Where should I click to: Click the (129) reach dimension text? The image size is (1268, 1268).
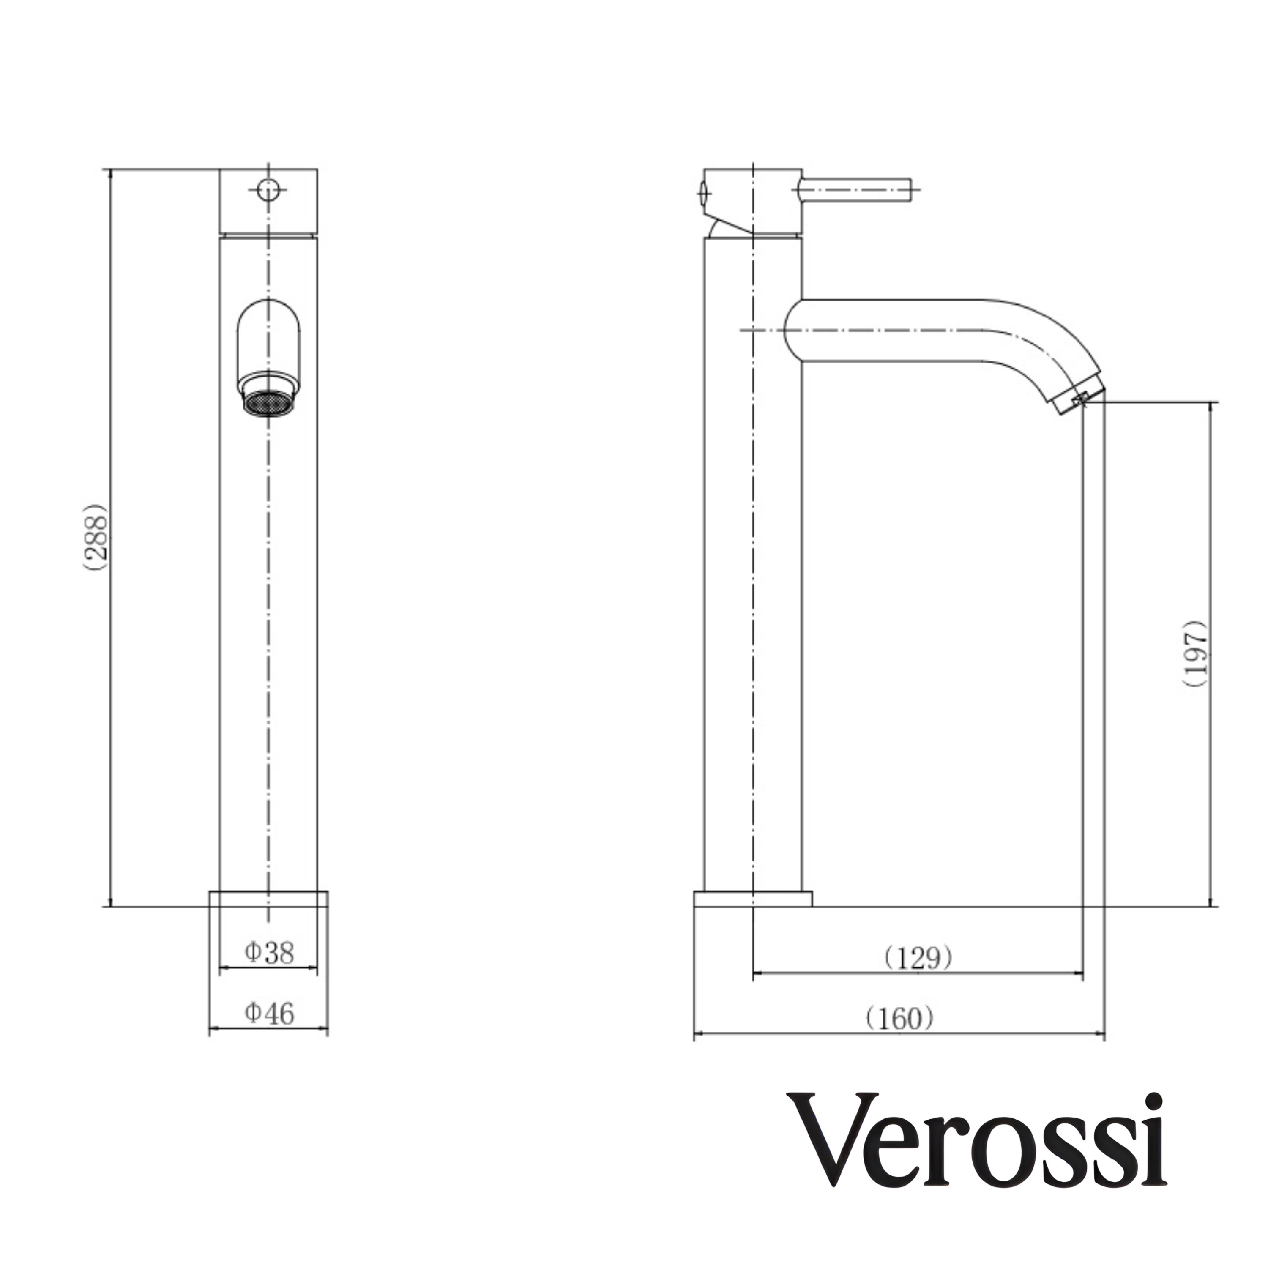tap(918, 959)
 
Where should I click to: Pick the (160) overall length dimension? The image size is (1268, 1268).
tap(899, 1019)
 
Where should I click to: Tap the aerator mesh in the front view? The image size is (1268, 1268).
tap(268, 402)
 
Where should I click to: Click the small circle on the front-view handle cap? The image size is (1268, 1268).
tap(268, 190)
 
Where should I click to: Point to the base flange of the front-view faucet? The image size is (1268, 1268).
tap(268, 899)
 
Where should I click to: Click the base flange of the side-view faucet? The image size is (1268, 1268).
tap(753, 899)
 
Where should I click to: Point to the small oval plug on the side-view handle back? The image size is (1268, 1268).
tap(704, 191)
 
